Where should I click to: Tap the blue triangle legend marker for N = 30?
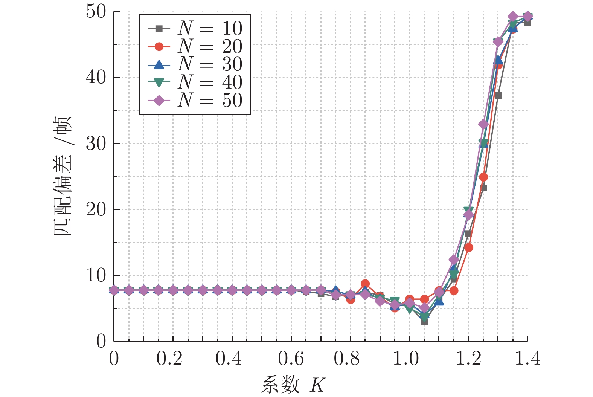click(159, 64)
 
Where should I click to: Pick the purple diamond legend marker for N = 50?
click(159, 100)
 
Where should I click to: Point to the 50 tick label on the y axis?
click(96, 12)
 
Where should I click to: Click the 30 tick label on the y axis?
click(96, 144)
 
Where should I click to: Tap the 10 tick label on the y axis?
click(96, 275)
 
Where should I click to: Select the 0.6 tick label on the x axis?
click(291, 358)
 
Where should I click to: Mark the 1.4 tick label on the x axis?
click(527, 358)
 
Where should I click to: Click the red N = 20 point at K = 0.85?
click(365, 284)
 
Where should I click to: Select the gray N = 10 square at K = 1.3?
click(498, 95)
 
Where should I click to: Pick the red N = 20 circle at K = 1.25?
click(483, 177)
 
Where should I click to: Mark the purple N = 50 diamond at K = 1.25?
click(483, 124)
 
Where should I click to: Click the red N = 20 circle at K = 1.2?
click(469, 247)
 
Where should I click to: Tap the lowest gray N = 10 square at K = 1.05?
click(424, 322)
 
